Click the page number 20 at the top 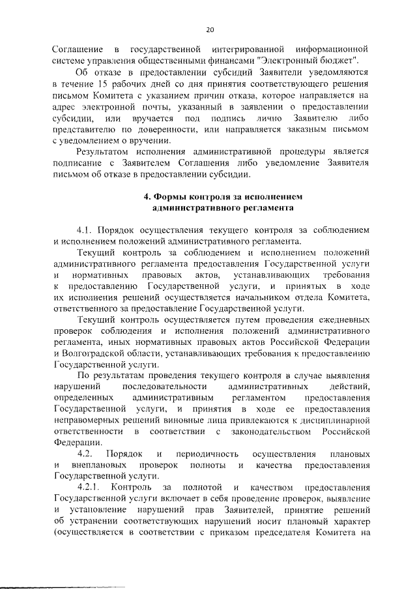click(209, 29)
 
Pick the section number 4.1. click(87, 229)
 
